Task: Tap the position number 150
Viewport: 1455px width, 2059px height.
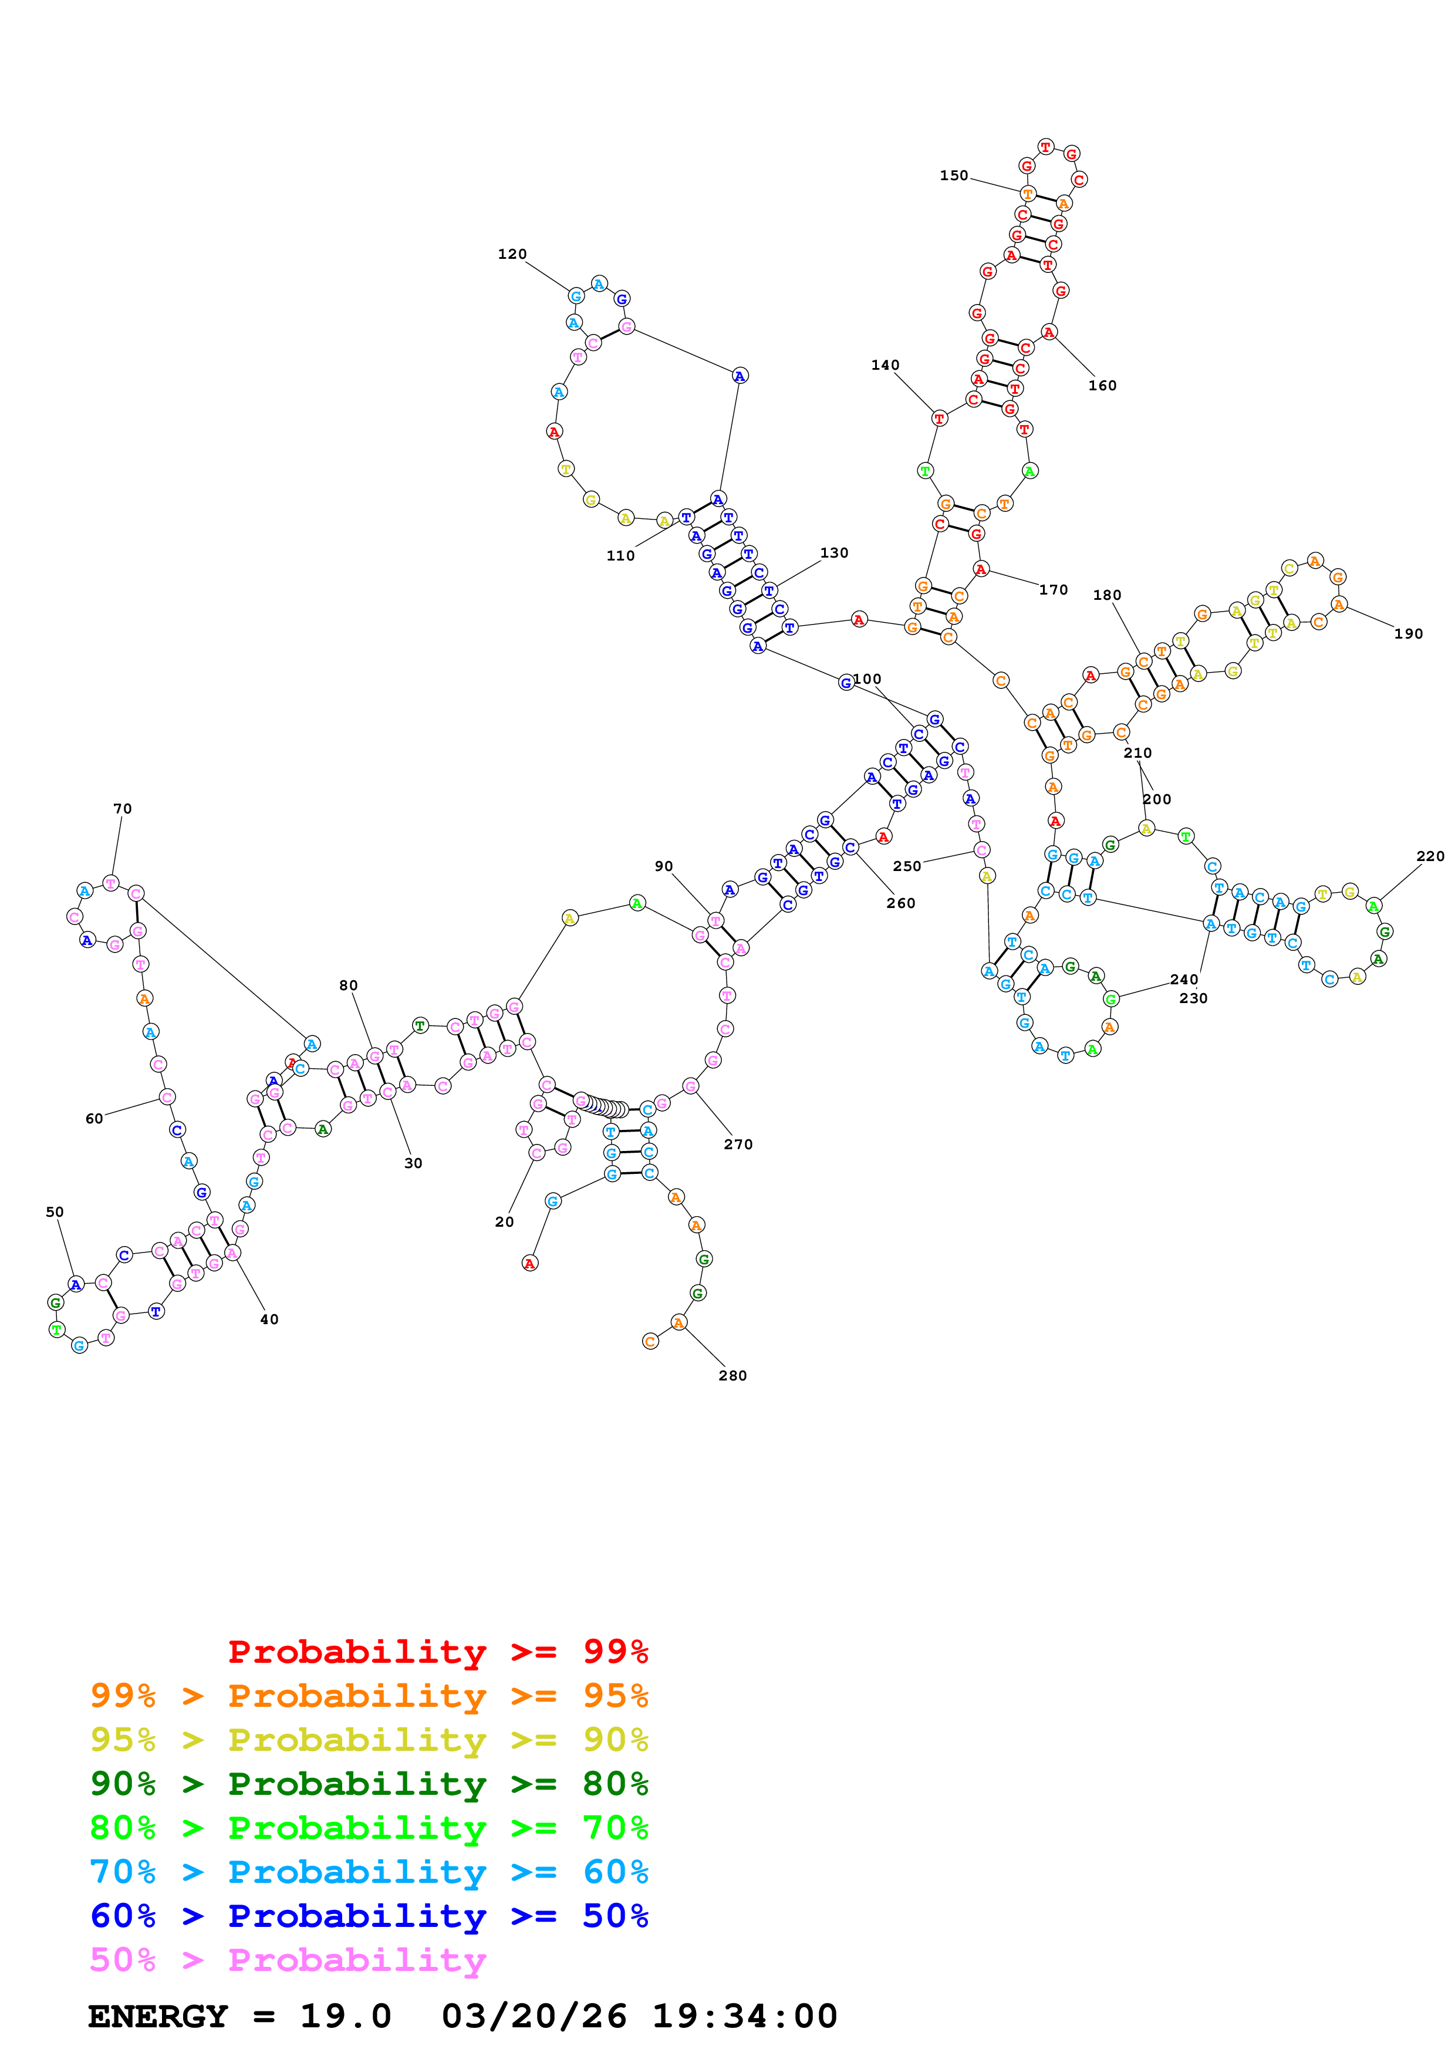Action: pos(954,175)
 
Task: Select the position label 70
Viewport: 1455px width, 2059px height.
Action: pos(123,809)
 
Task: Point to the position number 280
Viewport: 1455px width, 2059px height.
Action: pos(732,1376)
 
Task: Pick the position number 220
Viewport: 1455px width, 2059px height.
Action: pos(1430,856)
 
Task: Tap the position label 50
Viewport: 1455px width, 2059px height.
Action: pos(55,1211)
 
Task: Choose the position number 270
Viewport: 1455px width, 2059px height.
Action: pos(738,1145)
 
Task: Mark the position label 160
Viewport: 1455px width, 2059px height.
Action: pos(1102,386)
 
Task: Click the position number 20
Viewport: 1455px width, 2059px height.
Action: pos(505,1221)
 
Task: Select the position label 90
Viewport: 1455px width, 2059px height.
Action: pos(663,866)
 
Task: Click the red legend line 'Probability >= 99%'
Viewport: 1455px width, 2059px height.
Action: pos(437,1651)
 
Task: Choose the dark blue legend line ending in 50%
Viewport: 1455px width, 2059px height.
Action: pos(369,1916)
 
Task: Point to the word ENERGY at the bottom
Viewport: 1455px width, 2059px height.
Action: pos(158,2016)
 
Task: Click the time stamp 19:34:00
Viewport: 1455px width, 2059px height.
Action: pos(744,2016)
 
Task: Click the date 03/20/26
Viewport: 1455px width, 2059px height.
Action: pos(534,2016)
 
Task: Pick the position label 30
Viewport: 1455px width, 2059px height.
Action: pos(413,1163)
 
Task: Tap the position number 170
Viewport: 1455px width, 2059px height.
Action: pos(1054,590)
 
